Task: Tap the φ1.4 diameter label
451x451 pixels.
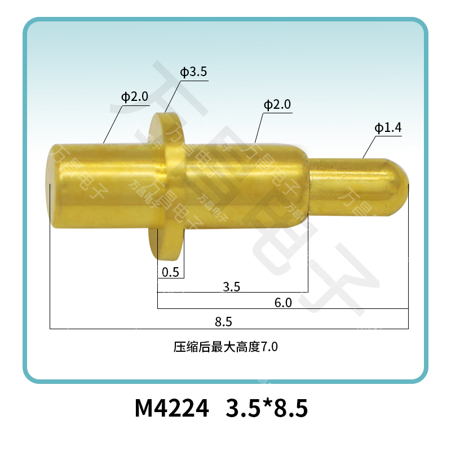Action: coord(388,128)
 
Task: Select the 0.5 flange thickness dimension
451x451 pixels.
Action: coord(170,272)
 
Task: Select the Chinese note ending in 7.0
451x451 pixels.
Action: coord(225,347)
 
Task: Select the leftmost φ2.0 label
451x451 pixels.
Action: coord(135,96)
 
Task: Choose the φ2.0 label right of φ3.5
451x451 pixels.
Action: coord(277,104)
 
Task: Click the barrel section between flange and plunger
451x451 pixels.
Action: coord(242,186)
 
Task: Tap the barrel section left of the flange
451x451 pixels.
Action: coord(101,186)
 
